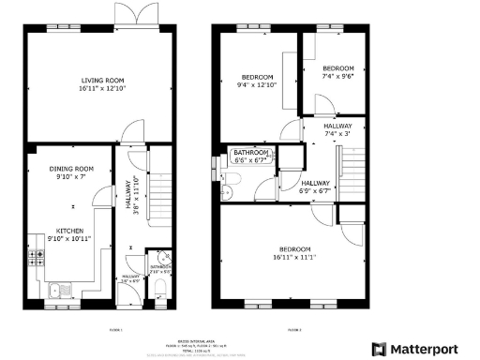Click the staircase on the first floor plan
click(x=161, y=178)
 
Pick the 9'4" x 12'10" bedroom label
click(x=257, y=81)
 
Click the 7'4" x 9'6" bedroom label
click(x=337, y=72)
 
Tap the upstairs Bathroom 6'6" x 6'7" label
click(x=251, y=156)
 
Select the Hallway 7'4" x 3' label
click(x=337, y=129)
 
